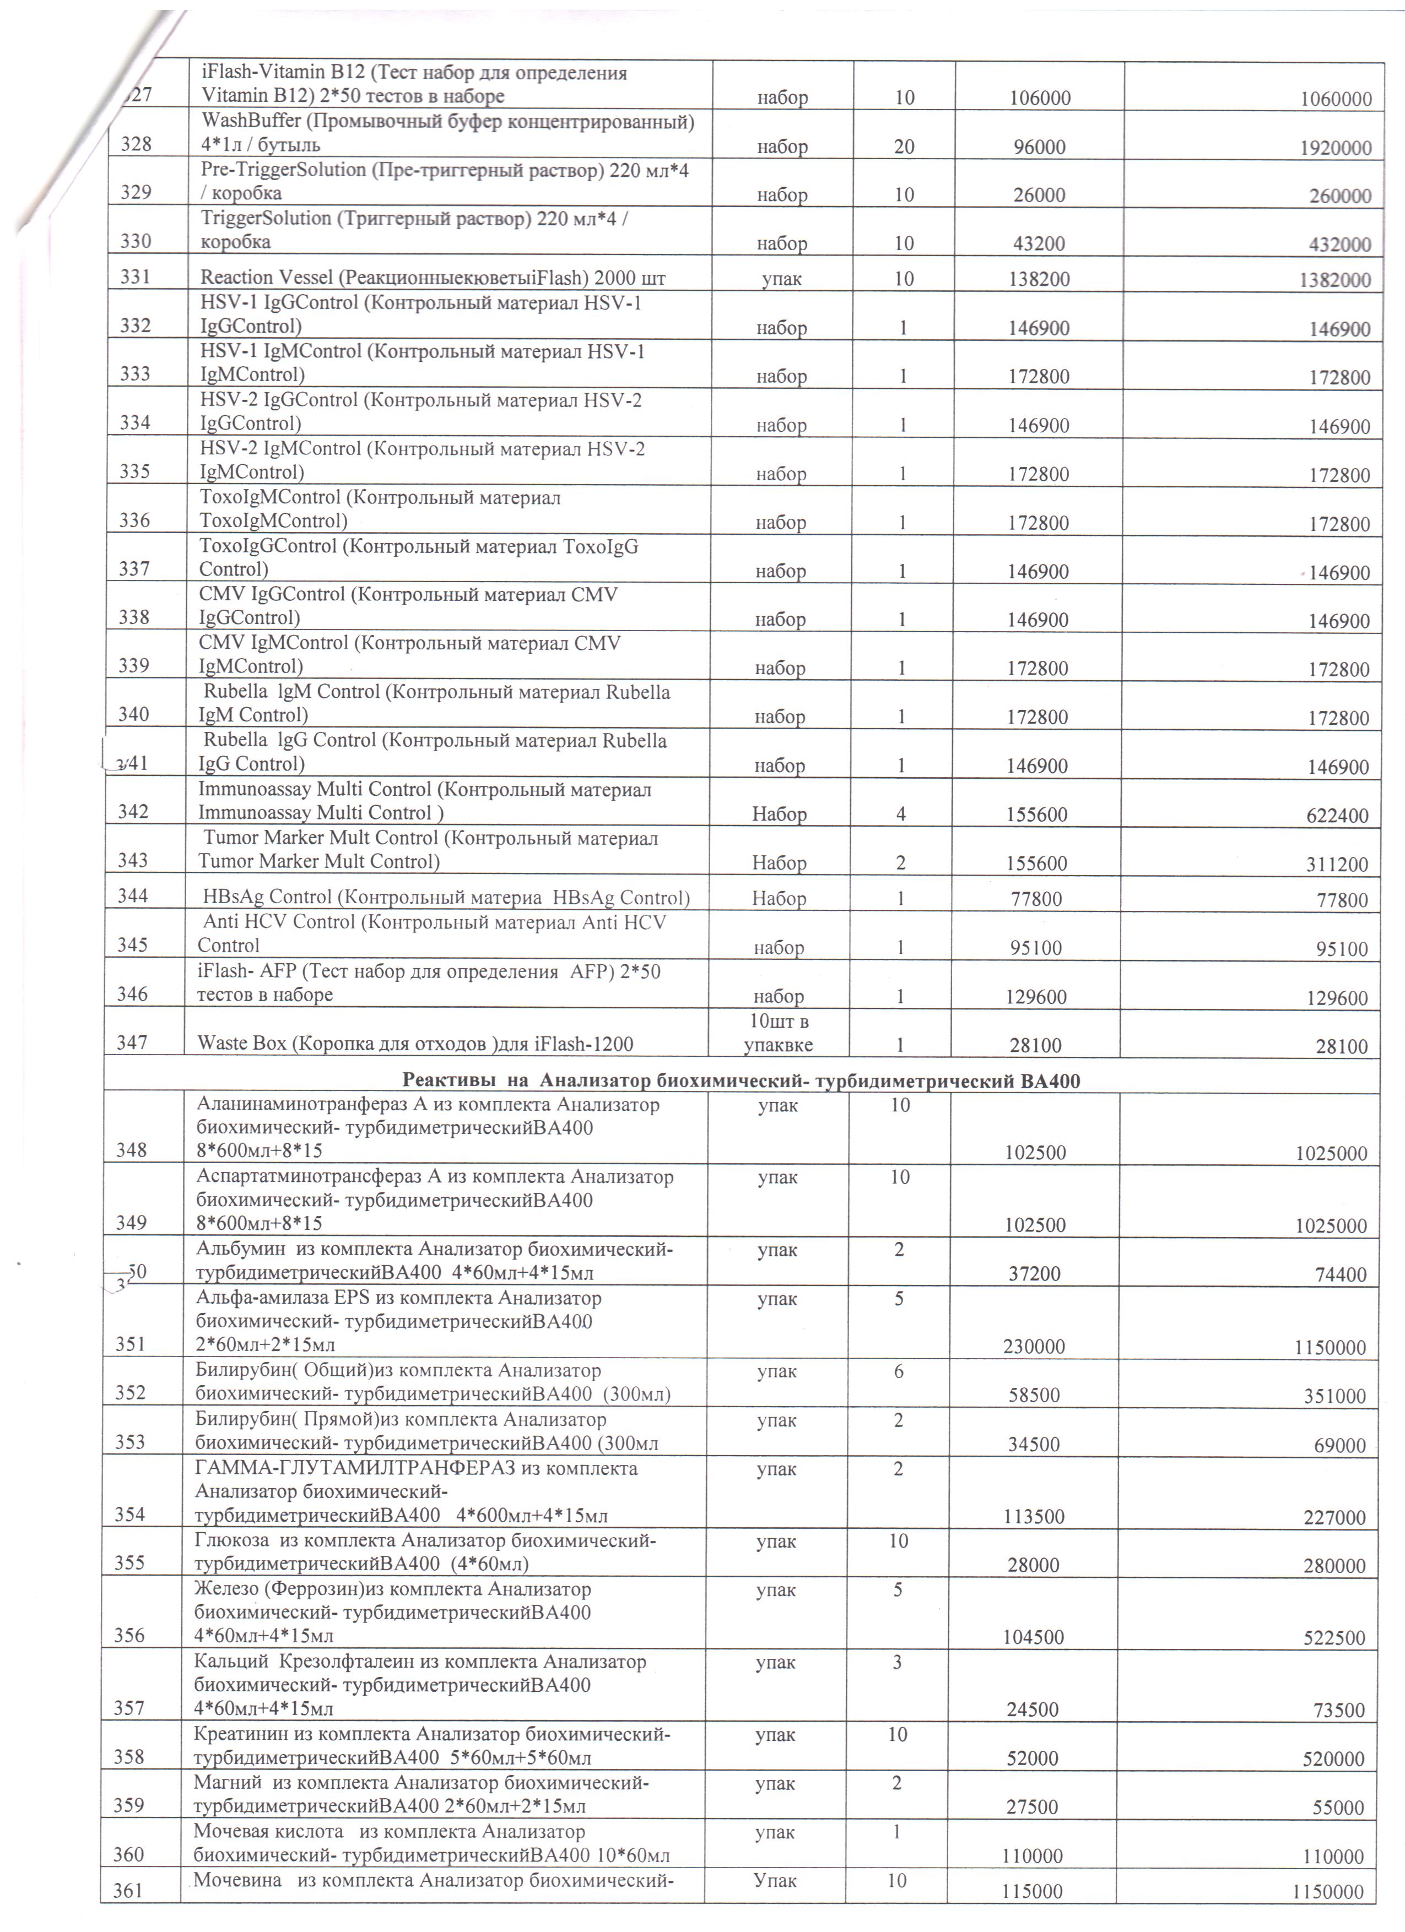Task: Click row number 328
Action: pos(136,144)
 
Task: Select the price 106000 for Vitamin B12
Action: pos(1040,98)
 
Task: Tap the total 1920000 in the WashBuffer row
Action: pos(1335,148)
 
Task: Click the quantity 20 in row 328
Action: pos(904,146)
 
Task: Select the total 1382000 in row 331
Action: pos(1335,280)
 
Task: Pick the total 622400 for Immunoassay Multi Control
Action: pos(1337,815)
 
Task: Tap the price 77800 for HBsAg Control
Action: pos(1035,899)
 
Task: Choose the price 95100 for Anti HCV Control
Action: pos(1035,948)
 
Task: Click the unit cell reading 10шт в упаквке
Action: pos(778,1033)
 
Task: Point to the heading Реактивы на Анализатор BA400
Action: pos(741,1081)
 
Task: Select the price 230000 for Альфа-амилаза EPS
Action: pos(1034,1347)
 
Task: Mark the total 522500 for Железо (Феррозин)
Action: pos(1333,1638)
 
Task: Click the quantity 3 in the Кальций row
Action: pos(897,1662)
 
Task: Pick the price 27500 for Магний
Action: pos(1032,1808)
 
